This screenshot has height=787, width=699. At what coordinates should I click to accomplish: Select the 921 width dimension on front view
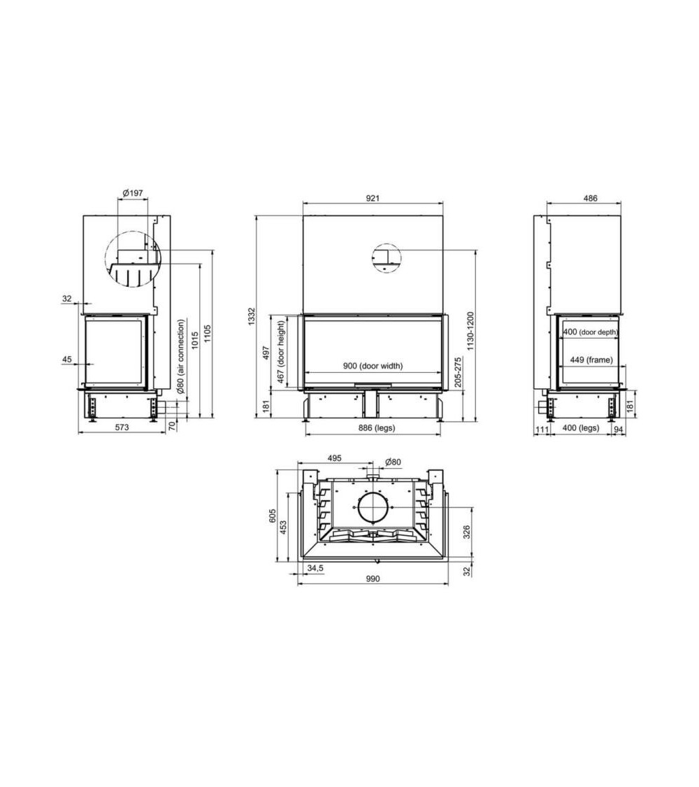click(373, 198)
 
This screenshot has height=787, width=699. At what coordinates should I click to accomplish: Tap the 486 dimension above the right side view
click(590, 198)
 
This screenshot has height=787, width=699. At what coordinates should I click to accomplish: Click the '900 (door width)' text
click(373, 365)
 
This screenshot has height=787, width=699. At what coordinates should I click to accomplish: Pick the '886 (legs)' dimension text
click(373, 427)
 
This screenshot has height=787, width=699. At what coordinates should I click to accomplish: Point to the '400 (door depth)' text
click(590, 332)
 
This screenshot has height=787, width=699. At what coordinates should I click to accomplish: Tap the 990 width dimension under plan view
click(373, 579)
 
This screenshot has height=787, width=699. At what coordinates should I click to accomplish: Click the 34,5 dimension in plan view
click(315, 568)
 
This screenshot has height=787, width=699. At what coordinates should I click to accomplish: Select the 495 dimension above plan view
click(334, 459)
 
